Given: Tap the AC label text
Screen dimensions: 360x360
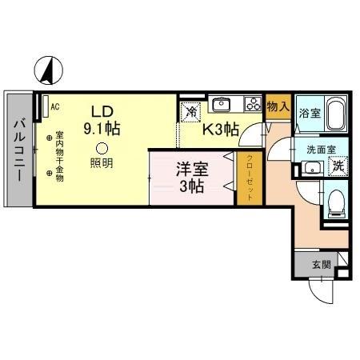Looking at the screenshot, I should tap(54, 104).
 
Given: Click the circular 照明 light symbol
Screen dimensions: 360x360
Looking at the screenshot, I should tap(101, 147).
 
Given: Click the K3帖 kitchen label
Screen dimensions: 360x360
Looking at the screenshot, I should tap(221, 128).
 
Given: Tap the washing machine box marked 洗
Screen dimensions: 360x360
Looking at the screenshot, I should tap(338, 166).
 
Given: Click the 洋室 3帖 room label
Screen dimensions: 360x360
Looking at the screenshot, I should tap(191, 177).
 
